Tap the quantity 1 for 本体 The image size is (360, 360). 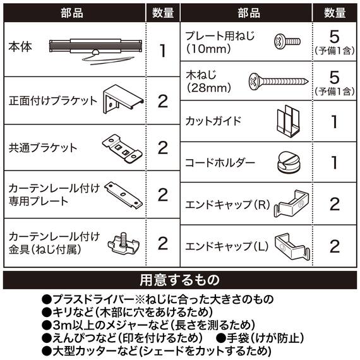tap(162, 51)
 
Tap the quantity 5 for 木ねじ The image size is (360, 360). tap(335, 77)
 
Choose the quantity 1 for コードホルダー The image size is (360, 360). tap(335, 162)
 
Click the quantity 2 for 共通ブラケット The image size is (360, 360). tap(162, 148)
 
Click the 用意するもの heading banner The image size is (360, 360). tap(179, 280)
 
